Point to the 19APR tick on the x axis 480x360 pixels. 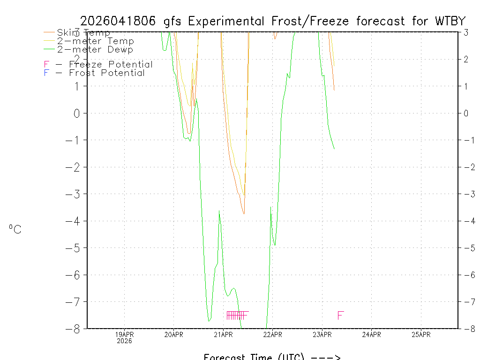pyautogui.click(x=124, y=334)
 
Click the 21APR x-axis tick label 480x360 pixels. pyautogui.click(x=223, y=334)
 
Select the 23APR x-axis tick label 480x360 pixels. pyautogui.click(x=322, y=334)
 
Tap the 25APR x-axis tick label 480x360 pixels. pyautogui.click(x=421, y=334)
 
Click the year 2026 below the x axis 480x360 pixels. pyautogui.click(x=124, y=341)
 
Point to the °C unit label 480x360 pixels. pyautogui.click(x=15, y=229)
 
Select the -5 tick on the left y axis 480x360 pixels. pyautogui.click(x=74, y=247)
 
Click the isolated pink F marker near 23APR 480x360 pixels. pyautogui.click(x=340, y=315)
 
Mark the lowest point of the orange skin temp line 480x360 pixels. pyautogui.click(x=244, y=214)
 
